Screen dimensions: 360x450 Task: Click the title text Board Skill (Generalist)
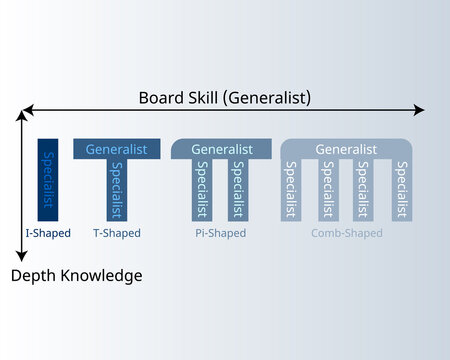224,97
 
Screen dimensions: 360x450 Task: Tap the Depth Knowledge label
76,275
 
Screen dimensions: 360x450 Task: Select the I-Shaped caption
47,233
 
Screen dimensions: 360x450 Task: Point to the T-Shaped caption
116,233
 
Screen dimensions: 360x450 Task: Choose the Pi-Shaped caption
222,233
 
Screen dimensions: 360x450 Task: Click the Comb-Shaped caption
346,233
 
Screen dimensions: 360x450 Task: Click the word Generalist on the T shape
116,149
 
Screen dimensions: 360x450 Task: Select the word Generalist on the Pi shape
221,149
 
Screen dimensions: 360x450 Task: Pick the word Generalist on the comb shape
346,149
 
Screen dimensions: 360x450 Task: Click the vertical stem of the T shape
117,190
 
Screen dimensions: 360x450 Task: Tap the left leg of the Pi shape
202,190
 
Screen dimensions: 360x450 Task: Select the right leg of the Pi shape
239,190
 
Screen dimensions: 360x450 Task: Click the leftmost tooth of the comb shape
290,190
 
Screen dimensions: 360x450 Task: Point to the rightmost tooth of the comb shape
402,190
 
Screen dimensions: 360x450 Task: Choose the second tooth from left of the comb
327,190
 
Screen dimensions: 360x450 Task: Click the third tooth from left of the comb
365,190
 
